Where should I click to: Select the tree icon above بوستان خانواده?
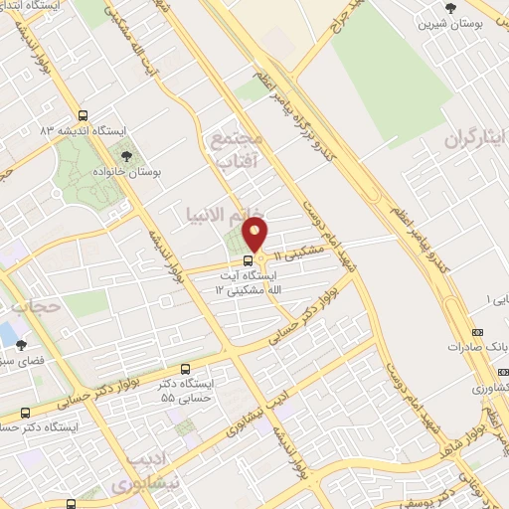[x=125, y=155]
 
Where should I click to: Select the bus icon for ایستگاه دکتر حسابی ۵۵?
[x=184, y=368]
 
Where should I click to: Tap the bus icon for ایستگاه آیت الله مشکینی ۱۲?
[x=248, y=260]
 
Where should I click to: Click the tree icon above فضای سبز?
[x=22, y=345]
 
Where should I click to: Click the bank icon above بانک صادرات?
[x=477, y=332]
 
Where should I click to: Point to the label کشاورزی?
[x=488, y=386]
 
